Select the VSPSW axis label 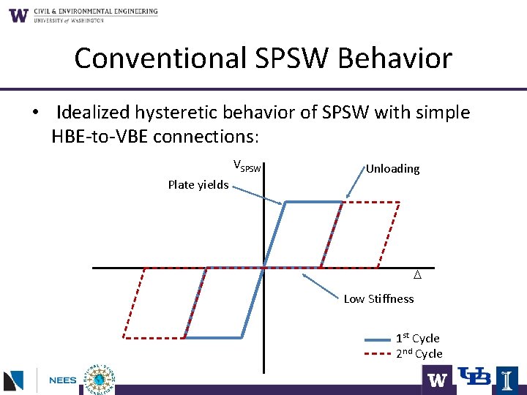click(x=247, y=166)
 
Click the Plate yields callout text click(x=198, y=184)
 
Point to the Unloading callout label click(x=392, y=169)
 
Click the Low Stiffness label click(x=378, y=298)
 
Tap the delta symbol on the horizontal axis click(x=416, y=276)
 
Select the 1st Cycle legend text click(x=417, y=338)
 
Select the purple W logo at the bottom click(x=437, y=380)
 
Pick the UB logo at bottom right click(x=474, y=377)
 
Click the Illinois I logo click(x=507, y=379)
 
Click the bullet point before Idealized click(x=34, y=113)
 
